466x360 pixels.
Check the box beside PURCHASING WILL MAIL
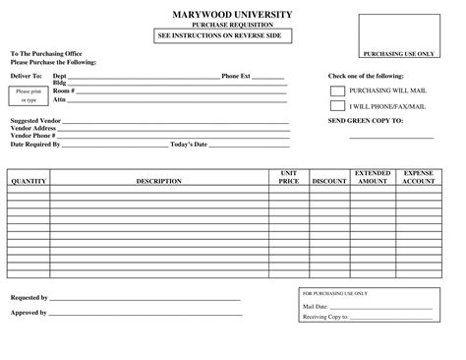(x=337, y=89)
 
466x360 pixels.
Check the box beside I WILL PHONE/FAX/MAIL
(x=337, y=104)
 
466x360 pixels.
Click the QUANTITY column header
(x=29, y=181)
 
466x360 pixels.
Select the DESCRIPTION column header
(x=159, y=181)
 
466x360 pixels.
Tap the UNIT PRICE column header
(x=288, y=177)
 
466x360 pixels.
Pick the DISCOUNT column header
(x=328, y=181)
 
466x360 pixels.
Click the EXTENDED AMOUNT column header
(x=373, y=177)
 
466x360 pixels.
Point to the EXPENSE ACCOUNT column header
(x=419, y=177)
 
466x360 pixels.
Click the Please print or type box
(x=27, y=95)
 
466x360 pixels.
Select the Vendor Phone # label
(x=32, y=136)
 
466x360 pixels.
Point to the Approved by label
(x=29, y=312)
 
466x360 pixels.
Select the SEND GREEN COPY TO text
(x=365, y=119)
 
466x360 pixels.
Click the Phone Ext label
(x=236, y=75)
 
